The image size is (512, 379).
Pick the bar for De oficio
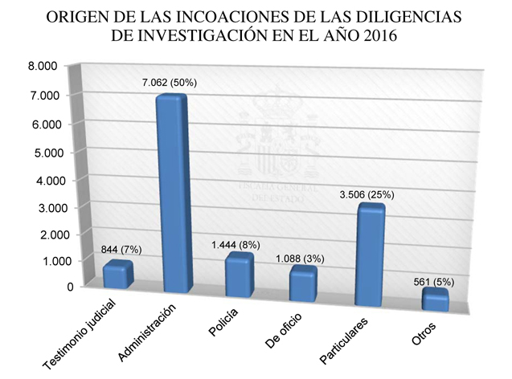point(303,283)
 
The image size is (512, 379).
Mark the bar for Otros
point(434,299)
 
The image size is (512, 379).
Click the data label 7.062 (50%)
point(172,82)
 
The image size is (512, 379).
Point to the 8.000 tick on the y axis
point(43,66)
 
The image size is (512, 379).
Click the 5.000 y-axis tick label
point(43,152)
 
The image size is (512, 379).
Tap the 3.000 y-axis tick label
point(43,207)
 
